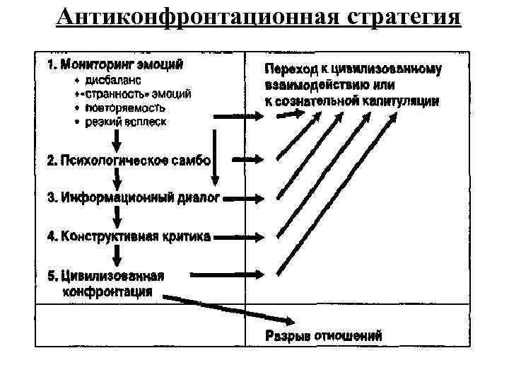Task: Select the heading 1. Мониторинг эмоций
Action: [x=115, y=65]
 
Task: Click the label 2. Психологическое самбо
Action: [x=128, y=161]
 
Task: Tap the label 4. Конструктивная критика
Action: [x=128, y=236]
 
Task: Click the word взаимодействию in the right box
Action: [x=317, y=85]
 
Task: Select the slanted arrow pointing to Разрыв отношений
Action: [x=226, y=309]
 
